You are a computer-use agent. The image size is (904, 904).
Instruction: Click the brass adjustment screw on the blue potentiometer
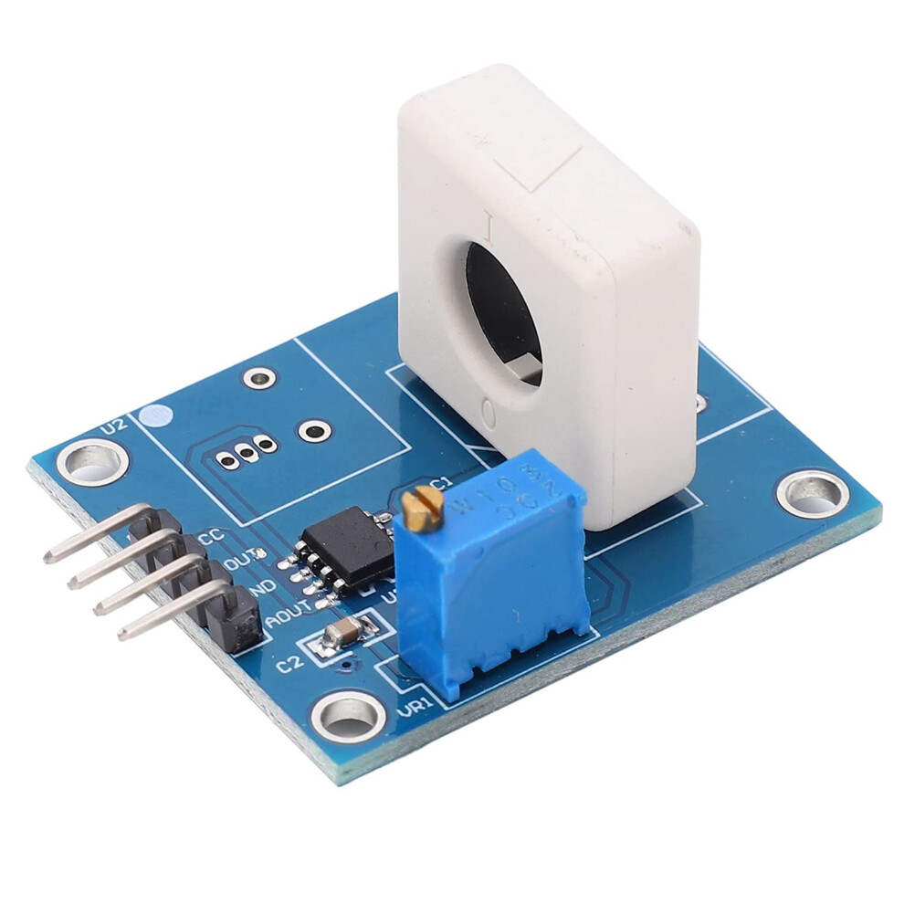[422, 508]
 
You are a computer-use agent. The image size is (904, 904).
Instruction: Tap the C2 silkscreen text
[289, 664]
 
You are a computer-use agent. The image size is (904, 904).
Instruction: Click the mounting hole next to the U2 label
[92, 461]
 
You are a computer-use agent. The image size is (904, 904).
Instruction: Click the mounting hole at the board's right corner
[812, 493]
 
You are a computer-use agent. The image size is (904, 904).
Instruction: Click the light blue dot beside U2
[159, 416]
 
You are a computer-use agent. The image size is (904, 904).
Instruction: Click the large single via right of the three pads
[315, 430]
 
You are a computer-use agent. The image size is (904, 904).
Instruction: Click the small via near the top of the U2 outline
[259, 376]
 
